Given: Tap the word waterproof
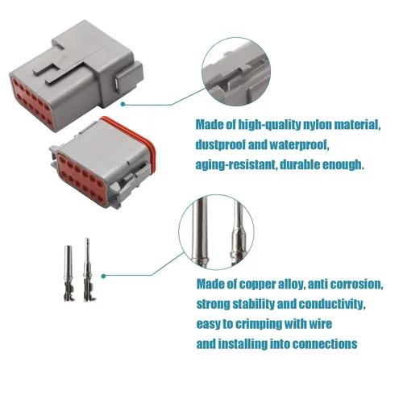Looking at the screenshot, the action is pos(299,145).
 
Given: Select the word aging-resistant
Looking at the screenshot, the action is pos(236,164).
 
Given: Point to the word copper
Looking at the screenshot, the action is pos(257,285).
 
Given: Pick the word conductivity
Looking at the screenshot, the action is pos(332,304).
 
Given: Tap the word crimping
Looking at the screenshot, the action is pos(259,324).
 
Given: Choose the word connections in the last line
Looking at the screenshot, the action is pos(324,344).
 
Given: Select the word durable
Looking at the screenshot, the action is pos(299,164).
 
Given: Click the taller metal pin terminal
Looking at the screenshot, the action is pos(87,270).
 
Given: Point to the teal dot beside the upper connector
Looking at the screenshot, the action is pos(123,104).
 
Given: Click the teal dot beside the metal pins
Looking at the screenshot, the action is pos(103,276).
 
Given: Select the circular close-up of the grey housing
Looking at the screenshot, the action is pos(236,71).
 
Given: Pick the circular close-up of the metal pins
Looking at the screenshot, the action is pos(216,232).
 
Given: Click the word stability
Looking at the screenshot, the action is pos(253,304).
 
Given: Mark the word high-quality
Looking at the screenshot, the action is pos(269,125).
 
